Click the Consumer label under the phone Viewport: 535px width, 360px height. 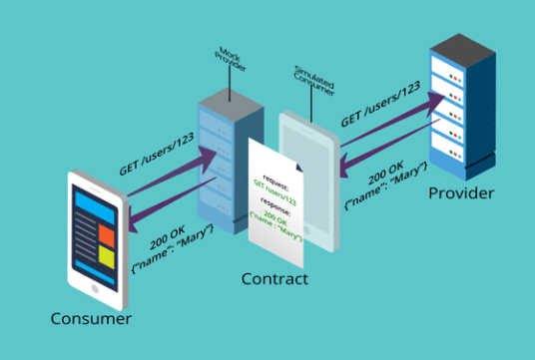92,318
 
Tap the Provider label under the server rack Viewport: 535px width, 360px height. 462,191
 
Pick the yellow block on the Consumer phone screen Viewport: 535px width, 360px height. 107,256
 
